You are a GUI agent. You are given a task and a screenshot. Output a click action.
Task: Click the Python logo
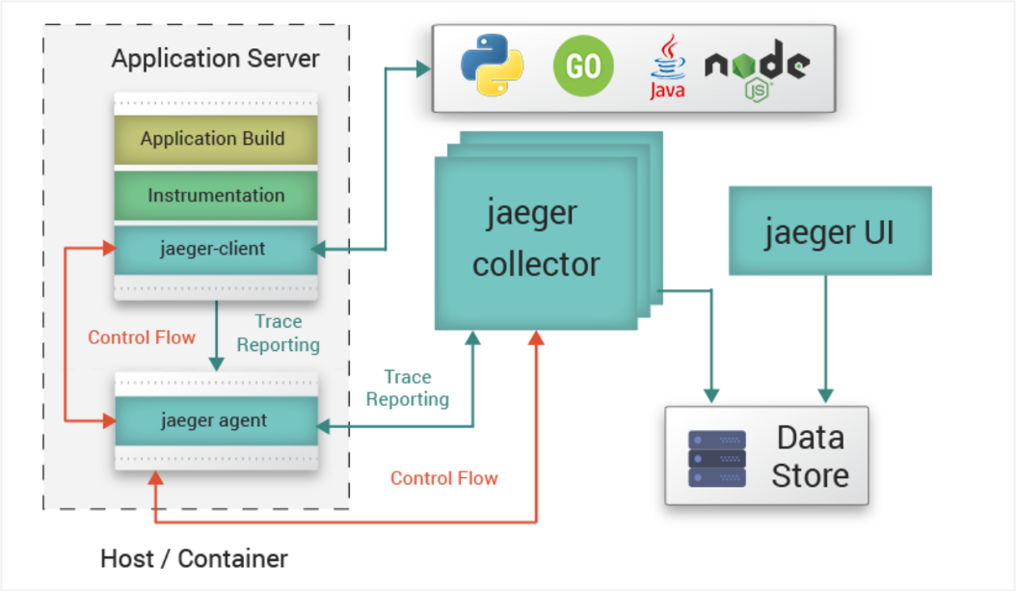click(492, 67)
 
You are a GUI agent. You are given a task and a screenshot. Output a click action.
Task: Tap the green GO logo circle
click(583, 67)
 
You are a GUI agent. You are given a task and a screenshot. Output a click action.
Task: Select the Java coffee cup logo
click(666, 67)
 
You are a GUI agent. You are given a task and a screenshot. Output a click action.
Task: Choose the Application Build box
click(215, 139)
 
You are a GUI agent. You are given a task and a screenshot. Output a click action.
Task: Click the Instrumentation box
click(215, 196)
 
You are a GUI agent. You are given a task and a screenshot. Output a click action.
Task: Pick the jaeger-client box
click(215, 250)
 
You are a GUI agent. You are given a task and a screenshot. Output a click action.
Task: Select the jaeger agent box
click(215, 421)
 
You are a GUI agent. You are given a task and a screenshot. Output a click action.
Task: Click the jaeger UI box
click(830, 231)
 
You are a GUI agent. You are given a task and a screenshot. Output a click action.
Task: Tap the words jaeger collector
click(536, 238)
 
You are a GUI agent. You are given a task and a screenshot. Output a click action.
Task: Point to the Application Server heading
click(215, 59)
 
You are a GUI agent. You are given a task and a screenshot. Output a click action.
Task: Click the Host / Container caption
click(194, 558)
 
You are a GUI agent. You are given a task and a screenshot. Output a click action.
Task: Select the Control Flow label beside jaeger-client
click(142, 337)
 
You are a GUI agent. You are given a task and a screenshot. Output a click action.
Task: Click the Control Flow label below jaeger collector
click(444, 478)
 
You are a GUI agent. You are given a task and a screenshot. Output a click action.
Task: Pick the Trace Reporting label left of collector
click(407, 388)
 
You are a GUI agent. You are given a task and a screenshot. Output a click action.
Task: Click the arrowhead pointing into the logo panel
click(422, 68)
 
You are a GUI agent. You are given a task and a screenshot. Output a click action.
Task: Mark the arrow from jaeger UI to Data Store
click(825, 337)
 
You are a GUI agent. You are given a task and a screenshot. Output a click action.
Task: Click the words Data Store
click(810, 457)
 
